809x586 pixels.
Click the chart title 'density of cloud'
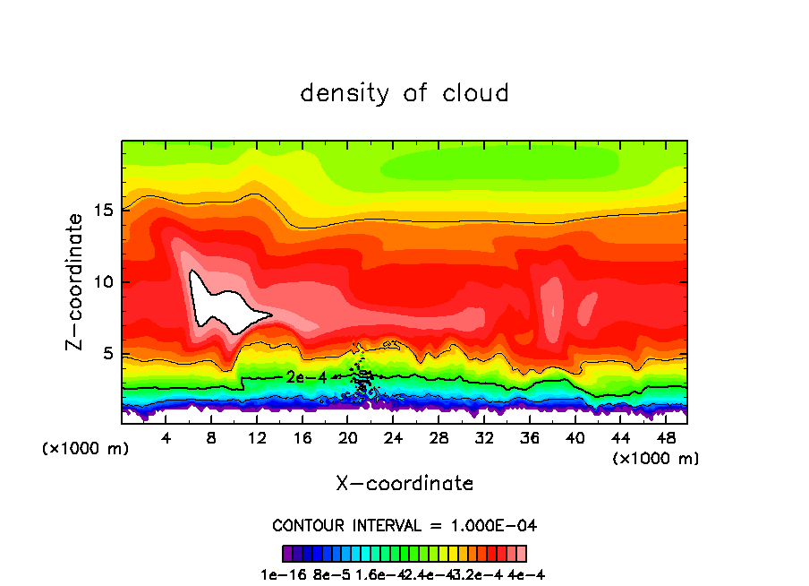(x=404, y=92)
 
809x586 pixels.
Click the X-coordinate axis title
(x=404, y=484)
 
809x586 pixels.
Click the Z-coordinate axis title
(x=76, y=281)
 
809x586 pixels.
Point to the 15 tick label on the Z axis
(x=103, y=211)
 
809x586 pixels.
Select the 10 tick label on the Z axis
(x=103, y=282)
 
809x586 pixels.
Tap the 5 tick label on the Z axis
(x=107, y=354)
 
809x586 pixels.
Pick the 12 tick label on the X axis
(x=257, y=438)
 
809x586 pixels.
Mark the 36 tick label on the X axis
(x=529, y=438)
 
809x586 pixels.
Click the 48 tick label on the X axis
(x=665, y=438)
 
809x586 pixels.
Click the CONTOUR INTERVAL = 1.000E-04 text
(x=404, y=525)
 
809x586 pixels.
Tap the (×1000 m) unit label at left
(x=86, y=449)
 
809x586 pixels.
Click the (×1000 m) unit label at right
(x=656, y=459)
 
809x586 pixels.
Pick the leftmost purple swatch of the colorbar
(x=287, y=553)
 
